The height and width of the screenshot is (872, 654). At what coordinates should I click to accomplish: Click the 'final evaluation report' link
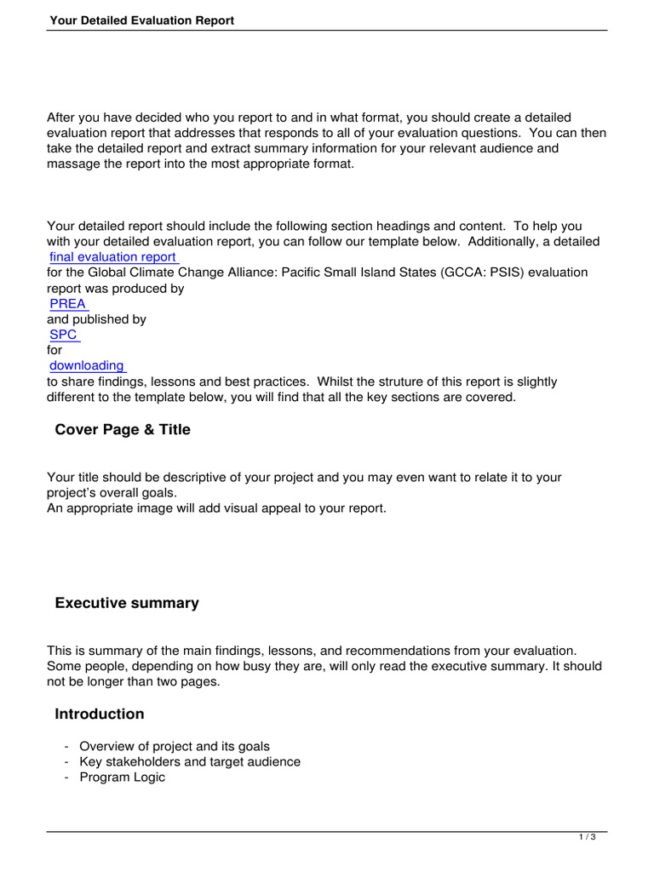[112, 257]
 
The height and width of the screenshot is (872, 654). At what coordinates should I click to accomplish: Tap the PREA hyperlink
[67, 304]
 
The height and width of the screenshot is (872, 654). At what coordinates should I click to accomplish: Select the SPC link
[63, 335]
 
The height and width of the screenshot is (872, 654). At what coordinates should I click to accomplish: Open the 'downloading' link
[86, 366]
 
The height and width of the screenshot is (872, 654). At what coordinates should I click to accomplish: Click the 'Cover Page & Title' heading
[123, 430]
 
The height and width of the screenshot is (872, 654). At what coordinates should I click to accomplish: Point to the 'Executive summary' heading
[127, 604]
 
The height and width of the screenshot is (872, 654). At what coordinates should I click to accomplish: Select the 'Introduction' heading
[100, 714]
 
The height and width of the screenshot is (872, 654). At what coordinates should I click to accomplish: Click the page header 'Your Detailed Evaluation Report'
[141, 20]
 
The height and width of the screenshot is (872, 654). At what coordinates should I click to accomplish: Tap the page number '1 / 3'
[587, 838]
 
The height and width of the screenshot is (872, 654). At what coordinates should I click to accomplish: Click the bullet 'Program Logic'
[123, 777]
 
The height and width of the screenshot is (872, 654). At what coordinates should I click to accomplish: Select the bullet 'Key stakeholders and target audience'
[190, 762]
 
